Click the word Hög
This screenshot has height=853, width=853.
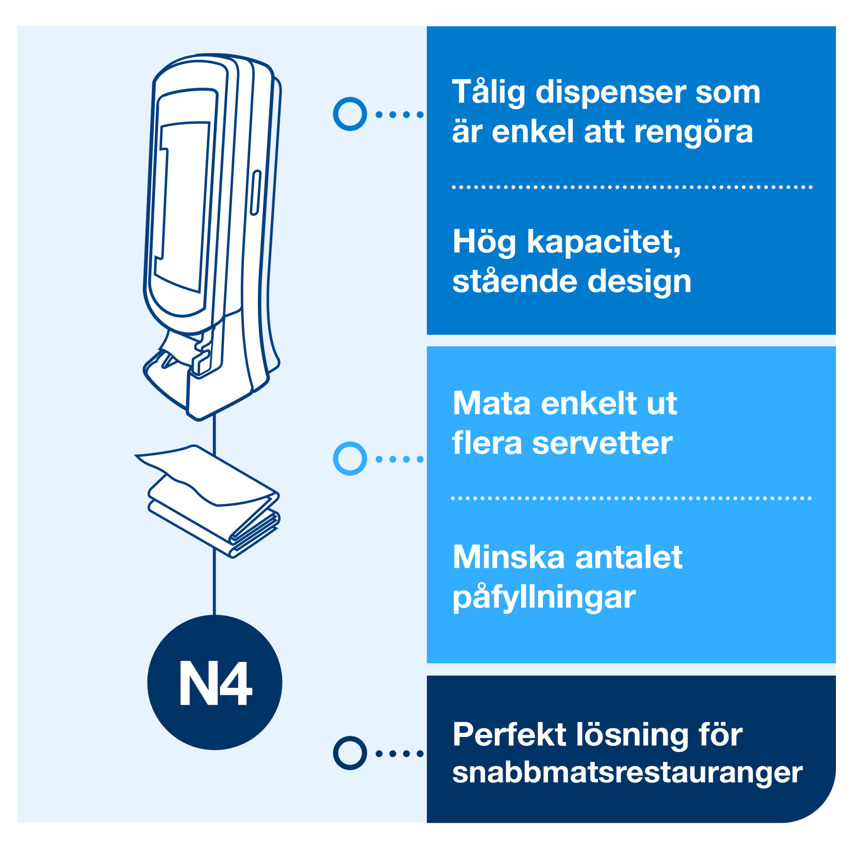[x=484, y=242]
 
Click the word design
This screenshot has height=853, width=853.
[x=639, y=281]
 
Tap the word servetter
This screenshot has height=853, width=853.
[x=602, y=443]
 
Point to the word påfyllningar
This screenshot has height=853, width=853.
[x=544, y=597]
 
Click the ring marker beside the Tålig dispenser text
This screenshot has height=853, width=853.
[x=350, y=114]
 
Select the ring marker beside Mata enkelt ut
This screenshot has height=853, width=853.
[x=350, y=458]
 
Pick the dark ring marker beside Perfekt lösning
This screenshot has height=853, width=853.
[x=350, y=753]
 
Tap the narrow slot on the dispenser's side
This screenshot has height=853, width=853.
[x=255, y=193]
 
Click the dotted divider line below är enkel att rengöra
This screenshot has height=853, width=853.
[x=632, y=187]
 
